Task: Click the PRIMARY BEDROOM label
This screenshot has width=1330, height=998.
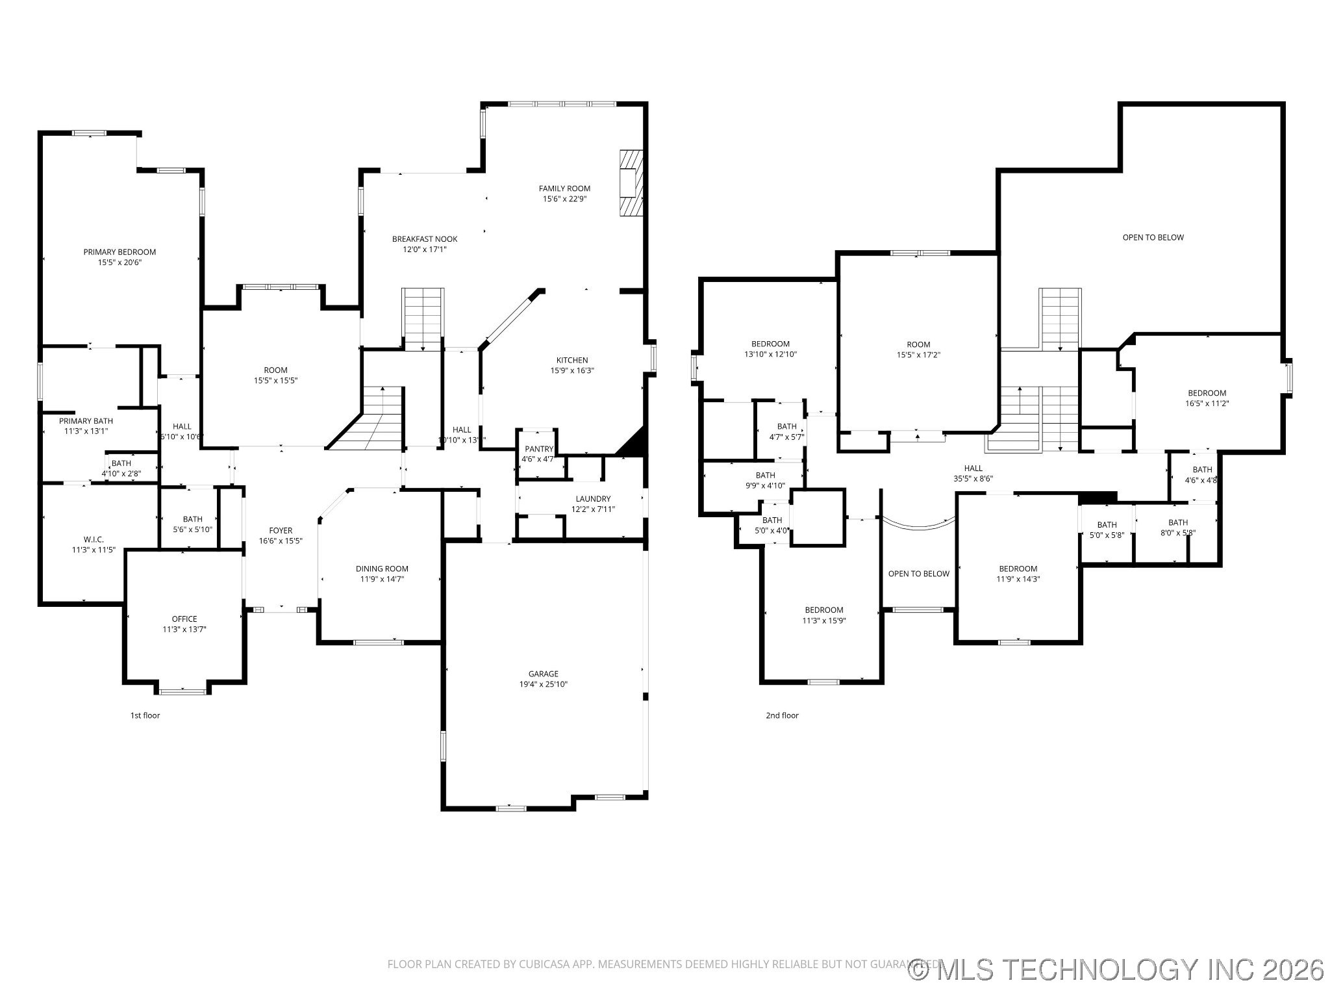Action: point(119,252)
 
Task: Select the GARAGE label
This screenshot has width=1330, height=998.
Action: point(543,674)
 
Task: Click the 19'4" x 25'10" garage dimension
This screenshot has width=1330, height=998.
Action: point(543,684)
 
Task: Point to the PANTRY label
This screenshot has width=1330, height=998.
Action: point(538,449)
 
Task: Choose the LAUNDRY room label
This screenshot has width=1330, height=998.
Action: point(592,499)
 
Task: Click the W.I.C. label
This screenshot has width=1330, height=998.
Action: point(94,539)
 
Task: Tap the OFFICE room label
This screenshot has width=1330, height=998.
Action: point(184,619)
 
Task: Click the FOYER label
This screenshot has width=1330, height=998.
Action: point(281,531)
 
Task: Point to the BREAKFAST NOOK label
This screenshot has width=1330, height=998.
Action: point(425,239)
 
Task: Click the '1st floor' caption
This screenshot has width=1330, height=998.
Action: point(145,715)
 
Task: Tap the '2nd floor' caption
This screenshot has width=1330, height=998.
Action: point(782,715)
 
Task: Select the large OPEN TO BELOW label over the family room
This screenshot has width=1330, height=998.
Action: point(1153,237)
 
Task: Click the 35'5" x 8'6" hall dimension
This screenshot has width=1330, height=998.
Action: point(973,478)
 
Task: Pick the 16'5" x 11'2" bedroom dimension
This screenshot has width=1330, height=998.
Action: point(1207,403)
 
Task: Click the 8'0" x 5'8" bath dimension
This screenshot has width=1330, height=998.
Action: point(1177,532)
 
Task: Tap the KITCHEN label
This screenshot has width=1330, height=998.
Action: point(571,360)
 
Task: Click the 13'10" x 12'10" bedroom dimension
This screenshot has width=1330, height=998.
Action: point(770,354)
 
